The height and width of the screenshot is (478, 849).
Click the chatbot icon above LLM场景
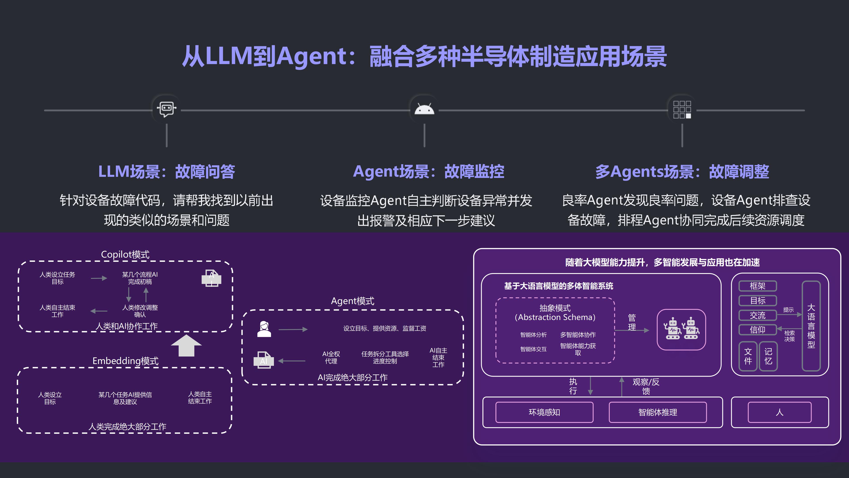[166, 109]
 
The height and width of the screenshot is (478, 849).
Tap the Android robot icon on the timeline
[424, 109]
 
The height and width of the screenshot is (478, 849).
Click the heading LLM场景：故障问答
[167, 172]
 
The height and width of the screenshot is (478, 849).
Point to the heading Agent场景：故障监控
[428, 172]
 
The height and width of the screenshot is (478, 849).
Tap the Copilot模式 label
[125, 254]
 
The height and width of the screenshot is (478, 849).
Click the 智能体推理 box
[658, 412]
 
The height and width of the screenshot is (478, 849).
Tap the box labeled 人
[779, 412]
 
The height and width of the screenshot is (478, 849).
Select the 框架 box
[757, 286]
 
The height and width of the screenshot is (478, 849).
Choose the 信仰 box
[757, 330]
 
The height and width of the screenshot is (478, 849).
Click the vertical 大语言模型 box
[811, 326]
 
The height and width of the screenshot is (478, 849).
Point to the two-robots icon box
[681, 330]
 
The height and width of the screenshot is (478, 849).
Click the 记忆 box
[768, 356]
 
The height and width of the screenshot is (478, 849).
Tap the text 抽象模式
[555, 308]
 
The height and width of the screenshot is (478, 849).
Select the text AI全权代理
[331, 357]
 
